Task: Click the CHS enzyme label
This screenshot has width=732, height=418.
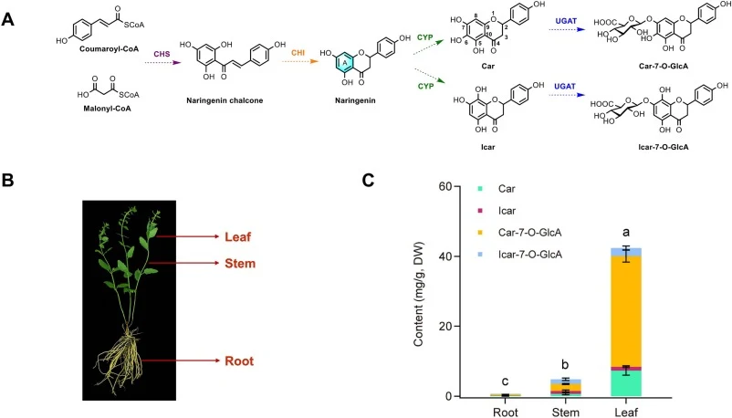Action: [162, 54]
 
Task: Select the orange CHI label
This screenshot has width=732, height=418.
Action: [298, 53]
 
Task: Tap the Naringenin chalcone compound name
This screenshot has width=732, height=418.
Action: [225, 100]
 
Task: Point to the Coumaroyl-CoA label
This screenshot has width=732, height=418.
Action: [110, 48]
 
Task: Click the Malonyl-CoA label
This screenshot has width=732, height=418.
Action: [107, 109]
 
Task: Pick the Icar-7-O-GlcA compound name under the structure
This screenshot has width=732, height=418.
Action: [663, 147]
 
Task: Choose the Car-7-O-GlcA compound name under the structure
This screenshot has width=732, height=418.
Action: [663, 67]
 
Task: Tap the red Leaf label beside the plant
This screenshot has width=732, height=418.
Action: [237, 236]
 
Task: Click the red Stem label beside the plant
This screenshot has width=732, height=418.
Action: [240, 264]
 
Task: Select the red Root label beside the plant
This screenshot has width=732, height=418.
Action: [239, 361]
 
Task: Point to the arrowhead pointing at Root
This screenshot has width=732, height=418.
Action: [216, 361]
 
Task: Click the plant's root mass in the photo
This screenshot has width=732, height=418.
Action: [119, 360]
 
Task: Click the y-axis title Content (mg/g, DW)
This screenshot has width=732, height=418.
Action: [418, 294]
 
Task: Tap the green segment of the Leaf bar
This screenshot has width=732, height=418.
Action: [628, 383]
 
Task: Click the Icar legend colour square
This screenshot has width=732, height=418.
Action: [479, 211]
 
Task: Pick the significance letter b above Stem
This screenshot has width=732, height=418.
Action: [565, 365]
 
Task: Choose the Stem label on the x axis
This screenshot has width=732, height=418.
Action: [565, 413]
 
